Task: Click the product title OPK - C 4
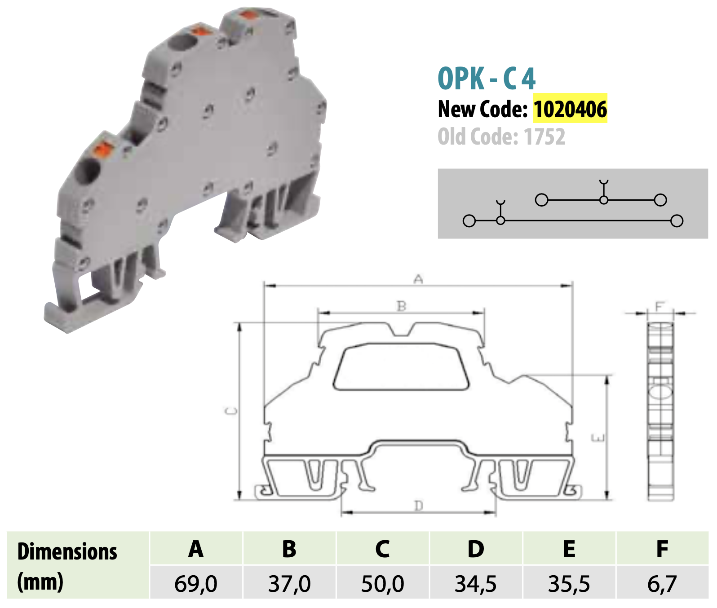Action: pos(487,79)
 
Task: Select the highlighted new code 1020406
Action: pos(570,109)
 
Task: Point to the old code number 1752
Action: pos(544,137)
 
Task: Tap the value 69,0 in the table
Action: pos(196,584)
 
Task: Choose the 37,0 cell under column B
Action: pos(289,584)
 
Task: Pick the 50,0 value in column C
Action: pos(383,584)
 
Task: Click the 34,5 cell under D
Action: pos(476,584)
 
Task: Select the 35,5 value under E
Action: pos(569,584)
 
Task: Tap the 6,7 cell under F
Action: pos(662,584)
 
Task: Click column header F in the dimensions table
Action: pos(662,549)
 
